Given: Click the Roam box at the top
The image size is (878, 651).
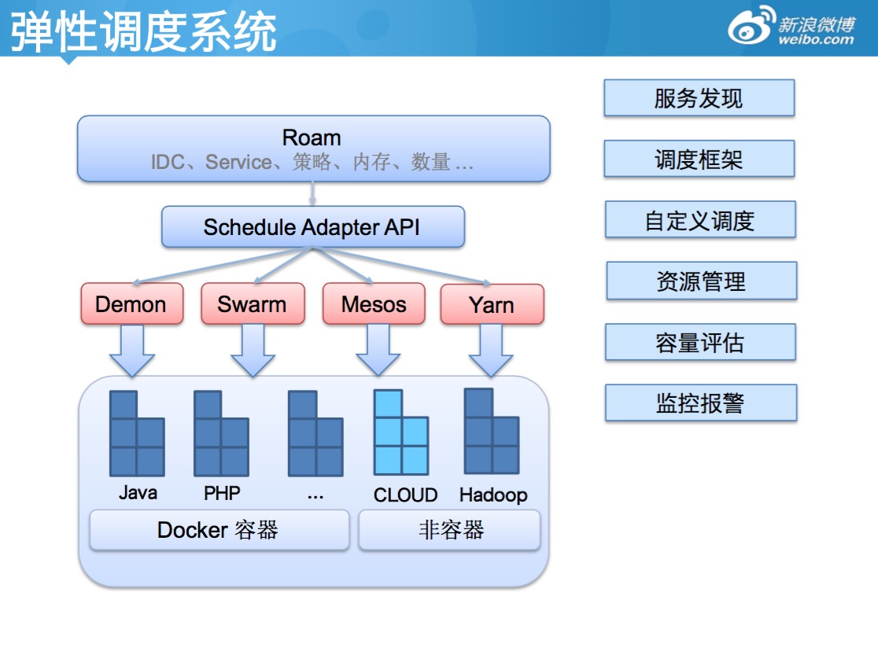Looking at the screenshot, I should pos(313,149).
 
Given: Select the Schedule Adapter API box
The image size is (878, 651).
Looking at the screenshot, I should pos(312,227).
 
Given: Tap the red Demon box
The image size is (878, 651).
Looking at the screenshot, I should pos(131,304).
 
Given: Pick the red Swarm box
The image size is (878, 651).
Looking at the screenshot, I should pos(252,304).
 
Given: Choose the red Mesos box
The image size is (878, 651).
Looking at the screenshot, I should pos(374,304).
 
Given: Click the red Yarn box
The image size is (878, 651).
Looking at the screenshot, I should pos(492,304).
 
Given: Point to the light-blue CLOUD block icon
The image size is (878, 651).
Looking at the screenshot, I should pos(401,433).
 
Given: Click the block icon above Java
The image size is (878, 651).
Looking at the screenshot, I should pos(137,433).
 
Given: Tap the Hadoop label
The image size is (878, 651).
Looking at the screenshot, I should pos(493,495).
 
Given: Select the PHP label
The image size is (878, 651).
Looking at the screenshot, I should pos(222,493).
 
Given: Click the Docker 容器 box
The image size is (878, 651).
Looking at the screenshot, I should pos(219,530).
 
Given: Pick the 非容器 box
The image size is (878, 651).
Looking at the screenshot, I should pos(450,530).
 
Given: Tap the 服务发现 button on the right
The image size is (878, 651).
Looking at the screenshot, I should pos(699,98).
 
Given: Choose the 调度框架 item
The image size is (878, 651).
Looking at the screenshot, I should pos(699,159).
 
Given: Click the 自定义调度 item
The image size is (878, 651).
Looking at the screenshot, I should pos(699,219).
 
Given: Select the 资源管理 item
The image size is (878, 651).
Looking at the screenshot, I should pos(700,281).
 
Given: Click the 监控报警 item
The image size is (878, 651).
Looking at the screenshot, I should pos(700,403).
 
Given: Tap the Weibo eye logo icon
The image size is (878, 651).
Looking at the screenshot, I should pos(750,28).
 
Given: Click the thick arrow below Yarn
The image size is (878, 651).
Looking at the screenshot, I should pos(492,351).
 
